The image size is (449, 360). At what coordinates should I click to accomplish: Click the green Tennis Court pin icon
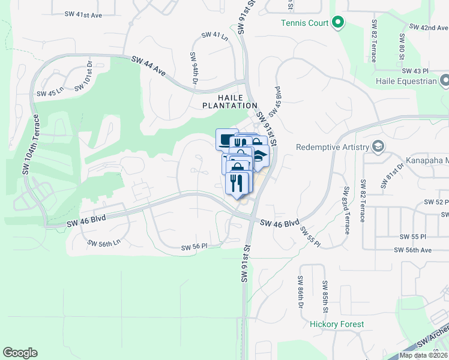coord(338,23)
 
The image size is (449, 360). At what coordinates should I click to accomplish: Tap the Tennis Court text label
coord(305,23)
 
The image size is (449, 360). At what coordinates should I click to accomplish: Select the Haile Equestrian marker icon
coord(445,80)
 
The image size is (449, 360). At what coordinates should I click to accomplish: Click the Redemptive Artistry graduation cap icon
coord(378,147)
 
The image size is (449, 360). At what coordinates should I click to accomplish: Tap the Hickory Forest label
coord(337,324)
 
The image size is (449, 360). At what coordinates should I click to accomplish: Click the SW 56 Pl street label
coord(194,246)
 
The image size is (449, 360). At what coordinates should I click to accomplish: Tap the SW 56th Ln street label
coord(104,243)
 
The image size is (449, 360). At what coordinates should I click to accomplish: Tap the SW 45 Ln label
coord(50,93)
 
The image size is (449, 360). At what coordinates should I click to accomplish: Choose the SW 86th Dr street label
coord(300,293)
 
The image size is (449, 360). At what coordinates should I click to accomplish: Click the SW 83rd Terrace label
coord(346,209)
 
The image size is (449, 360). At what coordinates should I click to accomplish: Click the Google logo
coord(20,353)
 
